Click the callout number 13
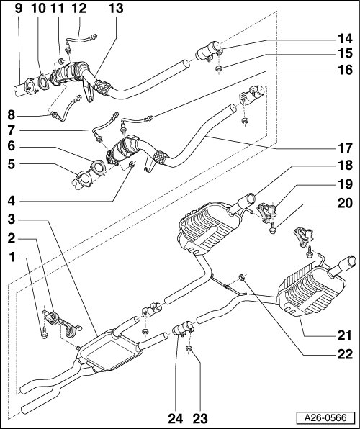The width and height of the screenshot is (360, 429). [116, 8]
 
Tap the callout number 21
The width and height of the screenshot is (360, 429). [344, 335]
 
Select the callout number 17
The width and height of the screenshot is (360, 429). [345, 148]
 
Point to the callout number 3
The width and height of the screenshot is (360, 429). [12, 219]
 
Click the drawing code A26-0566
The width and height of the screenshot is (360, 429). [325, 417]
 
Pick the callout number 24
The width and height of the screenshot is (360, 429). [175, 419]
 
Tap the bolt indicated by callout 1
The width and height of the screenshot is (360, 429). [45, 334]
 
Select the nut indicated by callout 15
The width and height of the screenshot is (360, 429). [218, 69]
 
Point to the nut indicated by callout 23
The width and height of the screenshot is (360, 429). [189, 349]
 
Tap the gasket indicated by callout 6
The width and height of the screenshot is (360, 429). [97, 168]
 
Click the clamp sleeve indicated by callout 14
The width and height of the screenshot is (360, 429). [208, 51]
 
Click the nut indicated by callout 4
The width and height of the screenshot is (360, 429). [132, 164]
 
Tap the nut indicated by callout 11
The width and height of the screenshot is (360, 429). [61, 60]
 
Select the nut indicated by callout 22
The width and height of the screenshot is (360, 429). [241, 277]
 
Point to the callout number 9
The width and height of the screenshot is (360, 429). [18, 8]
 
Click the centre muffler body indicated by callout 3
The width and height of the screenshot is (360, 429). [110, 350]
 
